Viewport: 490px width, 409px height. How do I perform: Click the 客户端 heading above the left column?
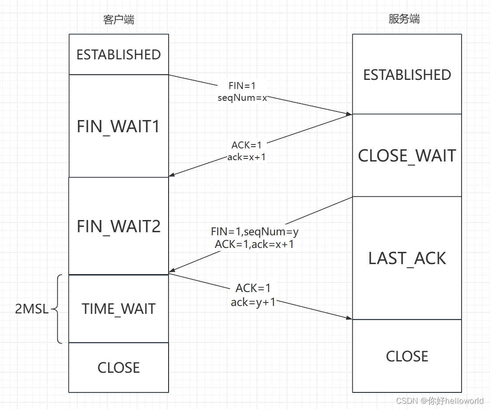tap(118, 20)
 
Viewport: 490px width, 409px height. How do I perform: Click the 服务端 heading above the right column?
tap(404, 19)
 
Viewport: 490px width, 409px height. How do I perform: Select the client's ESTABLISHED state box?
tap(118, 55)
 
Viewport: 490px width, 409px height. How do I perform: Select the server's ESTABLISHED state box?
tap(407, 75)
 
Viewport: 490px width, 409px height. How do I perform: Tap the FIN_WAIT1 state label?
tap(118, 127)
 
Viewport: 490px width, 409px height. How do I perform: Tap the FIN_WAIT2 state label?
tap(118, 227)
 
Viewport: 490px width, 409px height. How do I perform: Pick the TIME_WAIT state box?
tap(118, 309)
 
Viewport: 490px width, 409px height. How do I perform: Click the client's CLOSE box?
tap(118, 368)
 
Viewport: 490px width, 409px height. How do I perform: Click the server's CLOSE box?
tap(407, 356)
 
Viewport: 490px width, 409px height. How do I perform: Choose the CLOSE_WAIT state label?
tap(407, 156)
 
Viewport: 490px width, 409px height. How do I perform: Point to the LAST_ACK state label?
tap(407, 258)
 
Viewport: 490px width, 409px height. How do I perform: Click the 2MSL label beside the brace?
tap(32, 309)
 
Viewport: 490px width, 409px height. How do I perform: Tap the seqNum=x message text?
tap(242, 98)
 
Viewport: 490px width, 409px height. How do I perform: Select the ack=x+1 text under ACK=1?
tap(246, 157)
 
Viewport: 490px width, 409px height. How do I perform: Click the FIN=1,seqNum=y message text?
tap(255, 231)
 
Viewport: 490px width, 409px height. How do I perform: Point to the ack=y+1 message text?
tap(253, 302)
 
